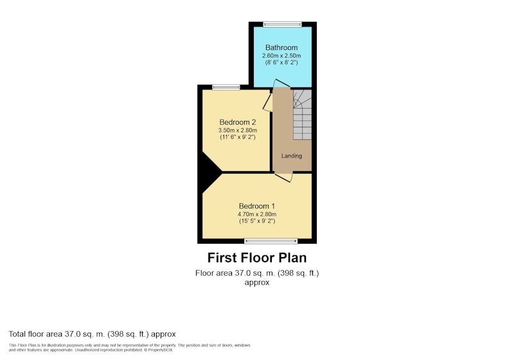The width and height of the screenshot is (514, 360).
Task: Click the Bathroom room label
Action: [281, 48]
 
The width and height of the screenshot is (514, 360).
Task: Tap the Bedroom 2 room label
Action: [238, 122]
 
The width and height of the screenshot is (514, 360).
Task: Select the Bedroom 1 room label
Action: [256, 206]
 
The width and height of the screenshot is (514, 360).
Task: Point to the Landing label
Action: [292, 156]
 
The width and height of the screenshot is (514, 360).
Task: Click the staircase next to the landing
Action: [302, 114]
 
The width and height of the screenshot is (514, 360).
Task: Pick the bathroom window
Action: [282, 24]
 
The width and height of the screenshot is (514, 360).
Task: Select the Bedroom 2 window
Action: [226, 87]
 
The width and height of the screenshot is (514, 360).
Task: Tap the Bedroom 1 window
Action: [271, 241]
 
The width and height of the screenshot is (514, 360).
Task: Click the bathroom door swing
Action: [281, 84]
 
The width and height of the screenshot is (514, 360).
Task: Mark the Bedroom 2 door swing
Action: [268, 102]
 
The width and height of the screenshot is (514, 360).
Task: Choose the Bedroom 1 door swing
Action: [285, 176]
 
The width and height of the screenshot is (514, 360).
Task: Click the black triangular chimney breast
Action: [210, 172]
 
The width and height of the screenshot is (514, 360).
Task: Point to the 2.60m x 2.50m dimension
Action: [281, 56]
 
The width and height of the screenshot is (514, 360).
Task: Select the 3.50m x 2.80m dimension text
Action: [238, 130]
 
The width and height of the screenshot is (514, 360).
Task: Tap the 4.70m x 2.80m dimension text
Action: [257, 214]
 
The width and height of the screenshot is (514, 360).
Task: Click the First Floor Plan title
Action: [257, 258]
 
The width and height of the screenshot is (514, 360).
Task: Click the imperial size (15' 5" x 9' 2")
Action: [257, 221]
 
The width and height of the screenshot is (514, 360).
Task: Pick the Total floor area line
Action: [92, 334]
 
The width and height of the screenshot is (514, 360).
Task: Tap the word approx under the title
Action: [257, 282]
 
